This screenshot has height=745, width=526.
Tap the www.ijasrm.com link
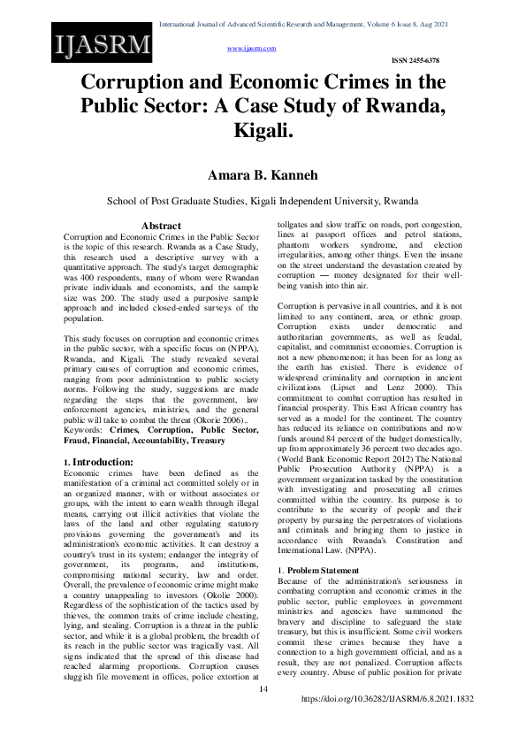coord(252,49)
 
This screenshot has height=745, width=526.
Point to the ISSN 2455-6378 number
coord(415,60)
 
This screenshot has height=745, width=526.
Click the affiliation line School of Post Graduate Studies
coord(263,201)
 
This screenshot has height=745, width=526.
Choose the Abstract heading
coord(162,227)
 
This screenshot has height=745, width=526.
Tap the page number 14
coord(263,714)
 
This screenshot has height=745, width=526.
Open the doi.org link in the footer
coord(388,724)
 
